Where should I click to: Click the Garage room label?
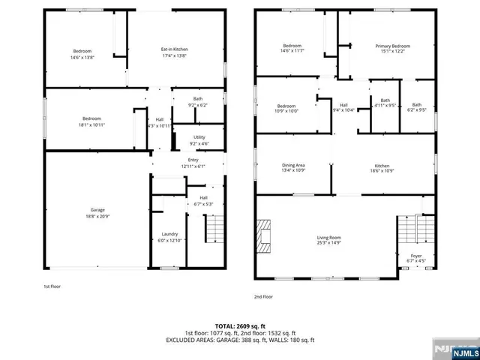[97, 209]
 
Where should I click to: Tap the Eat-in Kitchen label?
[173, 49]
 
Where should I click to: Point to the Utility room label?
[199, 136]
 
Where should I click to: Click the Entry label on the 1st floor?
[193, 160]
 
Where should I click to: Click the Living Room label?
[329, 237]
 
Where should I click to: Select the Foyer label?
[415, 256]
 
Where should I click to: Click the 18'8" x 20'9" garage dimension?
[97, 215]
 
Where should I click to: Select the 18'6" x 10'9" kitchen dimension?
[382, 171]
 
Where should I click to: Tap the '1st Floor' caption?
[52, 286]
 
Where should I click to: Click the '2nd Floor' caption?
[263, 296]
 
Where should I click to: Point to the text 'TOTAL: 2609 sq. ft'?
[239, 326]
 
